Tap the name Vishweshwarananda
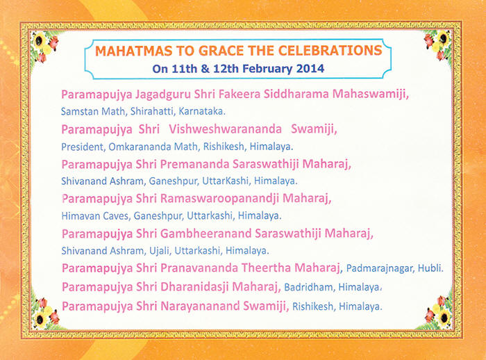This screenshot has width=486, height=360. pyautogui.click(x=226, y=129)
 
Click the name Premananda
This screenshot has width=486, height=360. pyautogui.click(x=194, y=164)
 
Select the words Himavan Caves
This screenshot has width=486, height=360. pyautogui.click(x=95, y=215)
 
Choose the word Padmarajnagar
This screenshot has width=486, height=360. pyautogui.click(x=380, y=268)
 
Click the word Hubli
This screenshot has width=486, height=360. pyautogui.click(x=430, y=268)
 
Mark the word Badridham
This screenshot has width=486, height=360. pyautogui.click(x=309, y=287)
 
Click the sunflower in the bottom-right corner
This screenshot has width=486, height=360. pyautogui.click(x=444, y=317)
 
